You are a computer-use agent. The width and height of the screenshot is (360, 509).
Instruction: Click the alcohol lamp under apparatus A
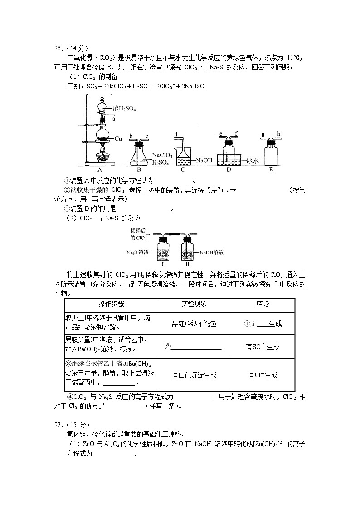pos(102,157)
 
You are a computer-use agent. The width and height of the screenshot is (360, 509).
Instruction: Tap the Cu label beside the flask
pos(118,138)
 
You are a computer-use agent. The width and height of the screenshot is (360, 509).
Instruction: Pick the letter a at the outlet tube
pos(113,119)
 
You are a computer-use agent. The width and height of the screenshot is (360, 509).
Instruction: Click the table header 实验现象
pos(194,304)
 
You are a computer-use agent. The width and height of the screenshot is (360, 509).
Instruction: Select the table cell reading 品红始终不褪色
pos(194,324)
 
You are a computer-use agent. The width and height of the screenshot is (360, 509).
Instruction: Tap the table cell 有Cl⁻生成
pos(263,375)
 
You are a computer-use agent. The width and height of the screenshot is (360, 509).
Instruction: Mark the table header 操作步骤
pos(112,304)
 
